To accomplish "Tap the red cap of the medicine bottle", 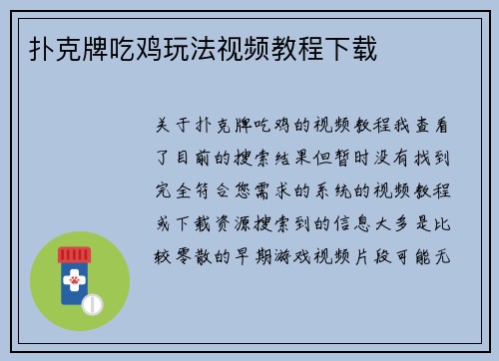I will (73, 254).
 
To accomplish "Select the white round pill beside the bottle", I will (94, 301).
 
